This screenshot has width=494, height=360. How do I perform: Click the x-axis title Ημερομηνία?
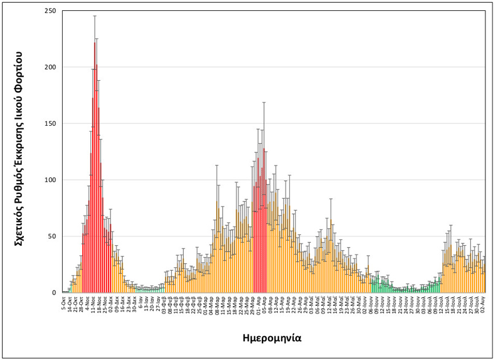click(271, 338)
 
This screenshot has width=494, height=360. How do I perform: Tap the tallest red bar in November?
click(94, 171)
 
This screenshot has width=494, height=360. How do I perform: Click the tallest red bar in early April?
click(264, 222)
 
